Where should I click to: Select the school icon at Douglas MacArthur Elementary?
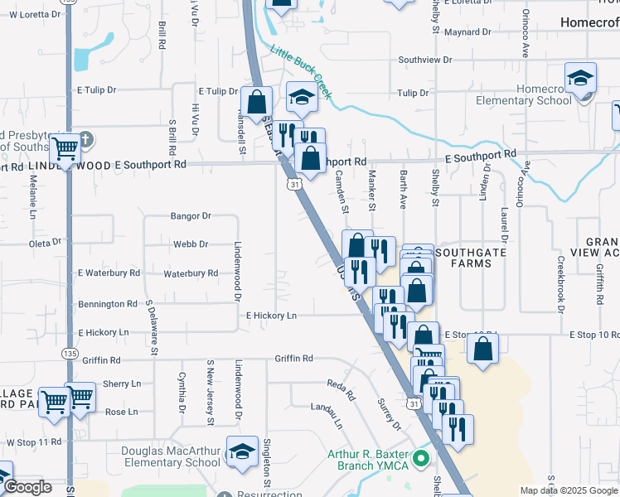click(x=243, y=451)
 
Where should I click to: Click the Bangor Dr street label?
click(x=191, y=216)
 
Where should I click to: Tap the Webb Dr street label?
click(x=191, y=244)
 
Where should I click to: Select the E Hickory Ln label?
click(x=271, y=316)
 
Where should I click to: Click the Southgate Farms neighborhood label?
click(x=475, y=258)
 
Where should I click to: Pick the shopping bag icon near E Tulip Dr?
click(x=258, y=103)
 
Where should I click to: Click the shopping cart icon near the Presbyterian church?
click(x=65, y=150)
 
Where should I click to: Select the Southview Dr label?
click(x=424, y=60)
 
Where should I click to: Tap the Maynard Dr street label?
click(x=467, y=32)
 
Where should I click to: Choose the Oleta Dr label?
click(x=40, y=244)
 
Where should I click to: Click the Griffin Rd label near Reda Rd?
click(x=294, y=359)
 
